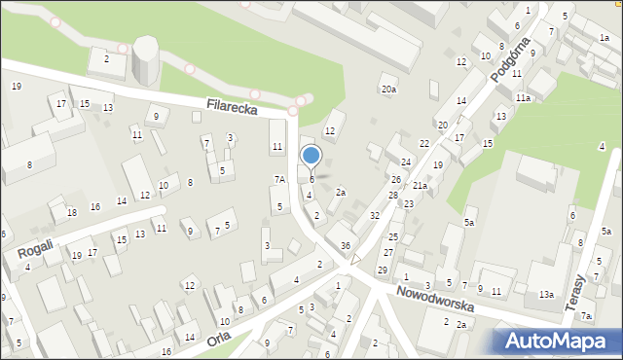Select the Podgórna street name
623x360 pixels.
pos(510,61)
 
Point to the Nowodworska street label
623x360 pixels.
pos(435,298)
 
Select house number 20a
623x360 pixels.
pos(388,90)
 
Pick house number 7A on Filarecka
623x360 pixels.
pos(279,179)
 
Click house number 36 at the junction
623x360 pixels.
pos(346,246)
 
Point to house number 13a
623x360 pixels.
pos(547,294)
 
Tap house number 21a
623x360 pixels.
pos(420,185)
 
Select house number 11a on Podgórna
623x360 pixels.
pos(524,98)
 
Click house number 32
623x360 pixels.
pos(374,215)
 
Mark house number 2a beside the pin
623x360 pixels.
pos(341,192)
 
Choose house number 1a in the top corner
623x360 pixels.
pos(605,37)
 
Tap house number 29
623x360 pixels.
pos(383,270)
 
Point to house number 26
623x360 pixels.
pos(396,179)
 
